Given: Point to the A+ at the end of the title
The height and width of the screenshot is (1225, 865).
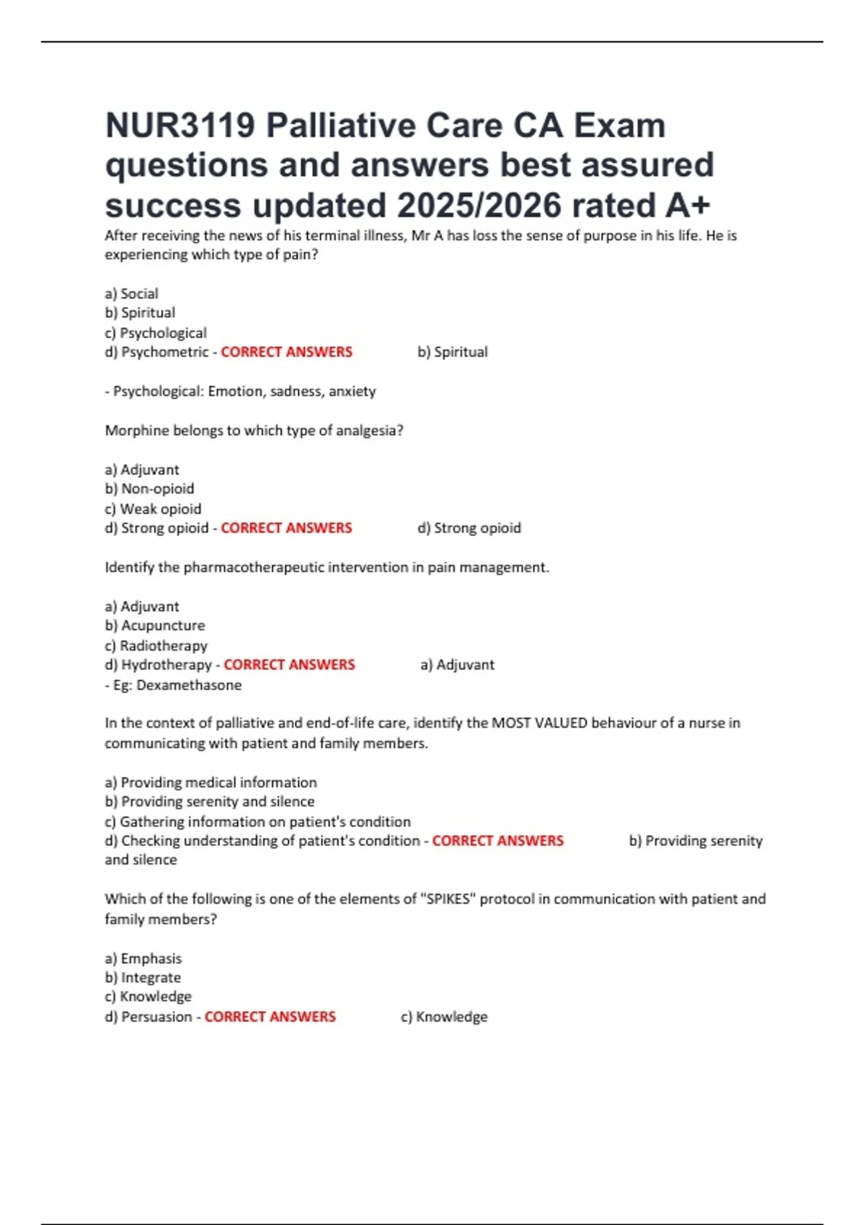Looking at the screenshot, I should (x=688, y=205).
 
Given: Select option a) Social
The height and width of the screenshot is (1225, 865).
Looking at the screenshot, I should (x=131, y=293).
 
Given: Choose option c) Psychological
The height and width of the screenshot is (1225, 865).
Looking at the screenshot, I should (x=156, y=333).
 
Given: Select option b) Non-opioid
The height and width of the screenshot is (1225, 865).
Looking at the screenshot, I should (x=149, y=489).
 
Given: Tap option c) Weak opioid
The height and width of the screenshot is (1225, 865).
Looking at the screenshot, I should (x=153, y=509).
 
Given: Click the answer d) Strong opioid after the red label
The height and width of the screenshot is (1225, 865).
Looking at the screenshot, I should (x=469, y=528).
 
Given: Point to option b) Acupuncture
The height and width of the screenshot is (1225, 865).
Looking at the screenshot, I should (x=155, y=625).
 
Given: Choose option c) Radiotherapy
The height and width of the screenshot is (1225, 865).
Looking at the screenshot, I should (x=156, y=646).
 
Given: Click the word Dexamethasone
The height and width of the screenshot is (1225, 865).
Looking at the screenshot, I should (x=189, y=685).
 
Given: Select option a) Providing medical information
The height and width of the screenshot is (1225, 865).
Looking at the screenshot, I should (x=210, y=783).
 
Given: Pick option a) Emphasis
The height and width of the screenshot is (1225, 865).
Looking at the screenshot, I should (x=143, y=958).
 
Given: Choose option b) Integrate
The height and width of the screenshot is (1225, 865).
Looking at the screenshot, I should (x=143, y=978).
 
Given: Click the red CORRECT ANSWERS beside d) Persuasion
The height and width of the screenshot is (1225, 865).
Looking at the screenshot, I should (x=270, y=1017).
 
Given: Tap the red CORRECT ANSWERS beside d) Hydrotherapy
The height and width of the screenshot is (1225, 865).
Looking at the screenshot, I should (x=289, y=664).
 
